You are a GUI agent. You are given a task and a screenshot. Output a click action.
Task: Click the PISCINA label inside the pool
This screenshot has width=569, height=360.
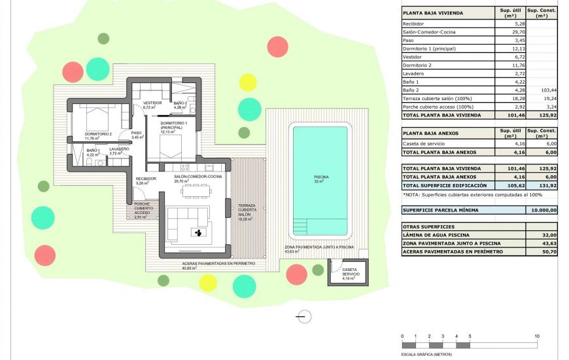[x=320, y=177]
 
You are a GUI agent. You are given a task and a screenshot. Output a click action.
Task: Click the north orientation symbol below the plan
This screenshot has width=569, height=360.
[x=303, y=317]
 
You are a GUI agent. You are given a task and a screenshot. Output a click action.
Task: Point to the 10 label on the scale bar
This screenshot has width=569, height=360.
[x=537, y=336]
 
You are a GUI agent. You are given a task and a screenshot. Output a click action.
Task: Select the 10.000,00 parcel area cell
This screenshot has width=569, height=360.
[x=542, y=210]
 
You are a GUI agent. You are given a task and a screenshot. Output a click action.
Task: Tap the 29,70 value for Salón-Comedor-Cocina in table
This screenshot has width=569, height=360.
[x=510, y=31]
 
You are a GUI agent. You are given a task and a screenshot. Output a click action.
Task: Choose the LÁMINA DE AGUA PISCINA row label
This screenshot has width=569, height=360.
[x=436, y=234]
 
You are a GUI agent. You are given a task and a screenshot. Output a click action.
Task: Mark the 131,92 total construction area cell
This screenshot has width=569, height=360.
[x=542, y=185]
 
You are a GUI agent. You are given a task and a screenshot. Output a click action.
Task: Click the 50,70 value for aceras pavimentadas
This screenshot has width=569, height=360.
[x=542, y=251]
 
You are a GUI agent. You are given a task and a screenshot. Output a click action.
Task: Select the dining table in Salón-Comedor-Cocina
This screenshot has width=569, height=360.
[x=196, y=190]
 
